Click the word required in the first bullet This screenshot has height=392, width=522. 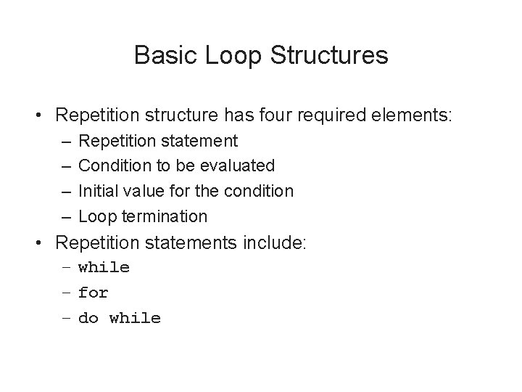click(x=341, y=115)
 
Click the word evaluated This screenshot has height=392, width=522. click(x=239, y=166)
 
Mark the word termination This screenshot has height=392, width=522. click(x=164, y=216)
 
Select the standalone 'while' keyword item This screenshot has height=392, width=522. click(x=104, y=267)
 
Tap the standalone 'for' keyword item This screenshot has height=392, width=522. click(x=93, y=293)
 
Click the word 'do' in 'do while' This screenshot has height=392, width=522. click(x=88, y=318)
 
